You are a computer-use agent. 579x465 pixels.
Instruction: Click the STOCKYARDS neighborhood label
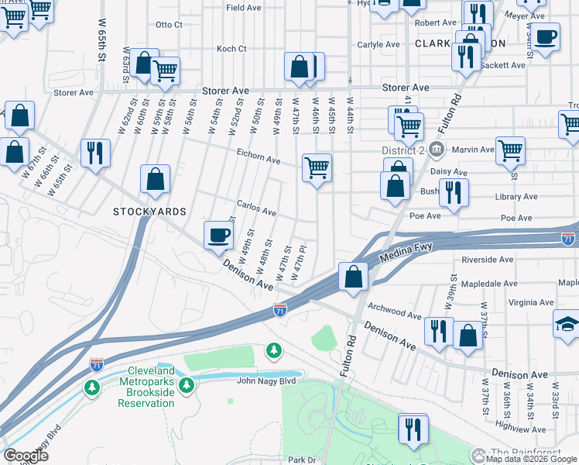pos(149,211)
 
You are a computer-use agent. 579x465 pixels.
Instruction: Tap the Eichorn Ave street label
pos(259,159)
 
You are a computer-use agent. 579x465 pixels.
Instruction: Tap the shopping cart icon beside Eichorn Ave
pos(317,167)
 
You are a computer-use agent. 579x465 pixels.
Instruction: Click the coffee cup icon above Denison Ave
pos(218,235)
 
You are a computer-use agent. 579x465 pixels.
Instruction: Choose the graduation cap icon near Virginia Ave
pos(567,325)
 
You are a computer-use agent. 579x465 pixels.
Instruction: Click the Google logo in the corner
pos(26,456)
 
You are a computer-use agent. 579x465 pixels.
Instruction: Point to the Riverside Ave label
pos(487,260)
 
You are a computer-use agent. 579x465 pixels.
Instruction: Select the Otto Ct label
pos(169,25)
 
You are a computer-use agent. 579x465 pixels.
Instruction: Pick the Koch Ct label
pos(231,48)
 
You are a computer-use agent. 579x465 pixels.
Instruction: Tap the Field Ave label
pos(243,7)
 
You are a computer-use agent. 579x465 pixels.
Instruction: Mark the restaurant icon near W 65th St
pos(94,153)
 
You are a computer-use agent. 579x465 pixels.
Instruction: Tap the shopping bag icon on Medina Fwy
pos(353,277)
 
